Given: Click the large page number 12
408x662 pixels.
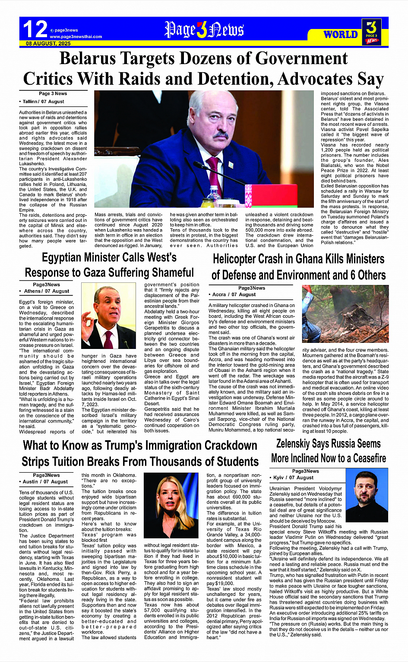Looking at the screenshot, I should (x=35, y=29).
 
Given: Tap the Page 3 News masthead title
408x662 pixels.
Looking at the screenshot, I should (x=204, y=29).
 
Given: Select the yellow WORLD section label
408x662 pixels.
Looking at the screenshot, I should (x=340, y=35).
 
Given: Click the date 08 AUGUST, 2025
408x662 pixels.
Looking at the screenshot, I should (x=48, y=44).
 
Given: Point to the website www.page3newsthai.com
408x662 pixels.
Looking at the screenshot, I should (x=76, y=37).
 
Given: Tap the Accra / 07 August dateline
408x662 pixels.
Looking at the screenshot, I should (x=234, y=294).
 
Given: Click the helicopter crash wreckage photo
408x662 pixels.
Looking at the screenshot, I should (x=345, y=314).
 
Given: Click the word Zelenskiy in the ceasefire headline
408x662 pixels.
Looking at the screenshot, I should (x=297, y=444).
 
